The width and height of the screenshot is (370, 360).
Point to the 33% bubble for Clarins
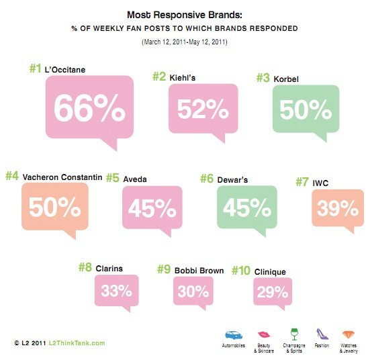(x=116, y=292)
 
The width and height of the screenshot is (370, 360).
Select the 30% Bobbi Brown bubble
(x=193, y=292)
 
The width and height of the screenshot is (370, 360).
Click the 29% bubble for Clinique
(x=271, y=292)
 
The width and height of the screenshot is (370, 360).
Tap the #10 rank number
(x=240, y=271)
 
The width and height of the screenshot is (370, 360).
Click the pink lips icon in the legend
(x=265, y=334)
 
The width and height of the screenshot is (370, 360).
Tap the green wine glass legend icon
(x=293, y=333)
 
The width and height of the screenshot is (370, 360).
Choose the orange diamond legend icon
(x=349, y=334)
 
